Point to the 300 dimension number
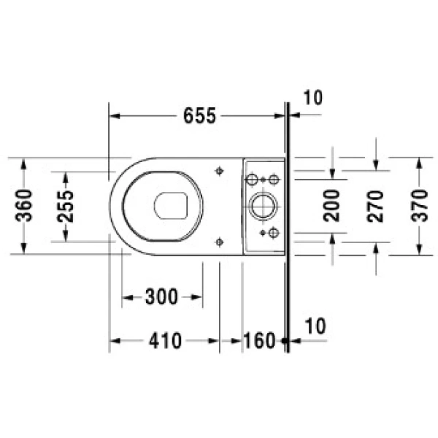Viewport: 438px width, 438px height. pos(161,297)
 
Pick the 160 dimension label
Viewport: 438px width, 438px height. pos(260,340)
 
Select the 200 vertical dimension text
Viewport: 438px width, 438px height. pos(332,205)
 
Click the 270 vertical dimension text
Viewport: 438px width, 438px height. pos(376,205)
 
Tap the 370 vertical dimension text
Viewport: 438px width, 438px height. pos(419,205)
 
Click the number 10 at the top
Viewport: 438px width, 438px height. pos(312,98)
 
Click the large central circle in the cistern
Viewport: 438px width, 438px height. pos(261,206)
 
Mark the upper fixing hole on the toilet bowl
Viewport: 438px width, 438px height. pos(219,171)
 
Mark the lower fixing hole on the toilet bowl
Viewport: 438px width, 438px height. pos(219,240)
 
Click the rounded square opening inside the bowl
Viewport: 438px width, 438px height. pos(172,206)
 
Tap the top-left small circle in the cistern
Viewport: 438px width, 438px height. pos(252,179)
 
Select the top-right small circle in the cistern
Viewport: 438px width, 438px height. pos(274,179)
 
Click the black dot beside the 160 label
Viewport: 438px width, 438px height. pos(284,340)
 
